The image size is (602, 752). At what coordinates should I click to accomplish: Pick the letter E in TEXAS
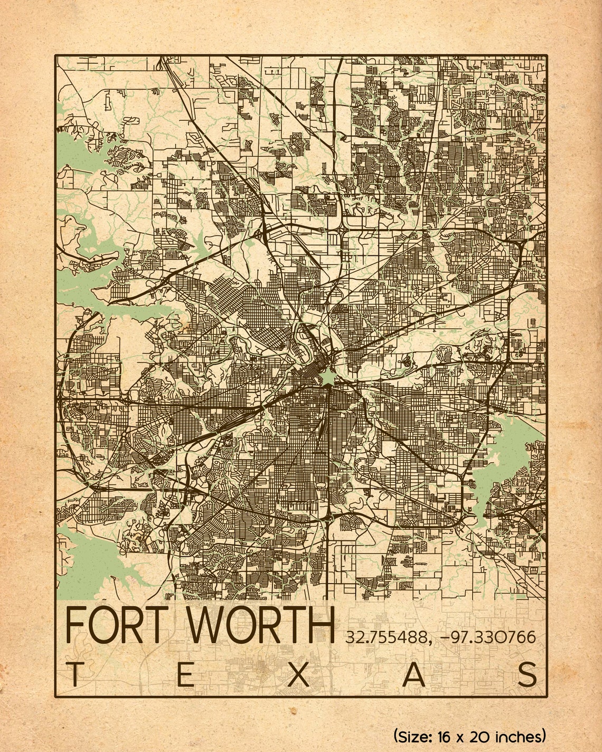point(185,675)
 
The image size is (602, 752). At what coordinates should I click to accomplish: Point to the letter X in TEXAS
point(298,675)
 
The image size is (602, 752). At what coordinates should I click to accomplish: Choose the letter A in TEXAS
point(414,675)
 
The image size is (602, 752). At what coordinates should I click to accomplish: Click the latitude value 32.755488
point(386,637)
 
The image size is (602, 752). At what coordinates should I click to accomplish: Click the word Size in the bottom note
point(416,736)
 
